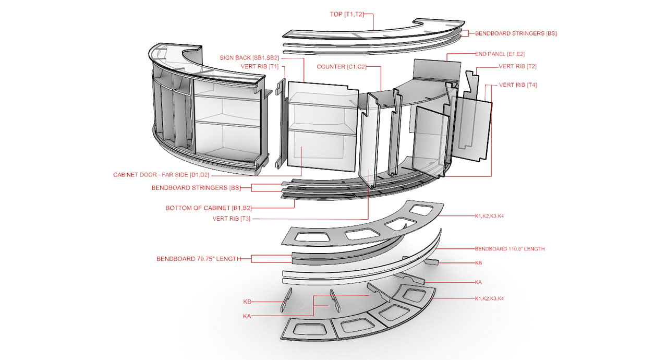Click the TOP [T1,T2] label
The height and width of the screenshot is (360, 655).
(x=347, y=14)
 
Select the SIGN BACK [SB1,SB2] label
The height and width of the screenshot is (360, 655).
(x=249, y=58)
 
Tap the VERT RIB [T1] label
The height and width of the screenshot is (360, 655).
(x=260, y=66)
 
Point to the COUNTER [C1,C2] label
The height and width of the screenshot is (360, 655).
(x=341, y=67)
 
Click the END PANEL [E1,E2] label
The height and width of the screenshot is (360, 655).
(x=500, y=54)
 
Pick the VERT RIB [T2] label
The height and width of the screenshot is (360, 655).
(x=517, y=66)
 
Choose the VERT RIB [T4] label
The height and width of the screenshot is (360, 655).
(x=518, y=85)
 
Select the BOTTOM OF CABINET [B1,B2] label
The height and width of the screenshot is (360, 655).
(x=209, y=208)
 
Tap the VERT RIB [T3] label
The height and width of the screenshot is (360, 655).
(x=232, y=219)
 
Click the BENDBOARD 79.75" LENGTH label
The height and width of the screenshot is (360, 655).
(x=199, y=259)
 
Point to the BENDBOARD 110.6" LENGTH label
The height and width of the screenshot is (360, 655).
(x=510, y=249)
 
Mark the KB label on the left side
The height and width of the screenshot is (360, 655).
(x=247, y=302)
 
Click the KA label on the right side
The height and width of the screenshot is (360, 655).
(x=478, y=282)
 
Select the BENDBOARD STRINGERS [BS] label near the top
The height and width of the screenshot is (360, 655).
(x=516, y=33)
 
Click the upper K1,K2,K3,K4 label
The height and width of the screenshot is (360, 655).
(x=489, y=216)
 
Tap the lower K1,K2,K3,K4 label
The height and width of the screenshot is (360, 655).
(x=489, y=298)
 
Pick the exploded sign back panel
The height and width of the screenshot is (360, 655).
(x=323, y=126)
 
